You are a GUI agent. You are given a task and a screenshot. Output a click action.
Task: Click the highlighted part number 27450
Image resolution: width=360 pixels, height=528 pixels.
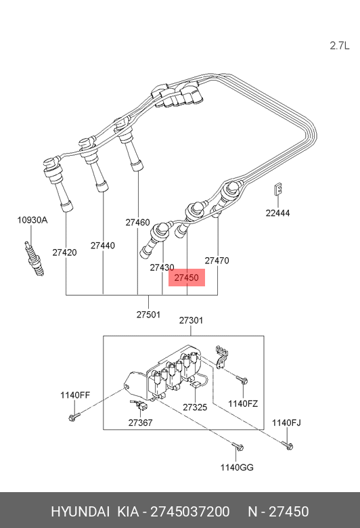click(x=186, y=278)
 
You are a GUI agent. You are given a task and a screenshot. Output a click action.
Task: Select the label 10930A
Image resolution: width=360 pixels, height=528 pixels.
click(x=32, y=220)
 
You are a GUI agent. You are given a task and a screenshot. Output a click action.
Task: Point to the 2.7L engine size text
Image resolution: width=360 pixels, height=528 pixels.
click(x=339, y=45)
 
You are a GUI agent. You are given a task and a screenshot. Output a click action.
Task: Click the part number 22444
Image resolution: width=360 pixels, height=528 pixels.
click(x=277, y=213)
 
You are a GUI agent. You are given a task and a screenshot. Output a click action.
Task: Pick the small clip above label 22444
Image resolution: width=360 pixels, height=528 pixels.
click(x=277, y=192)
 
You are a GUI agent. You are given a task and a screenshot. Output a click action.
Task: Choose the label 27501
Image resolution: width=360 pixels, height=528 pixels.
click(x=148, y=314)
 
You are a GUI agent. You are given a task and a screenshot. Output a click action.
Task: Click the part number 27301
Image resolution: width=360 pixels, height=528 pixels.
click(x=191, y=320)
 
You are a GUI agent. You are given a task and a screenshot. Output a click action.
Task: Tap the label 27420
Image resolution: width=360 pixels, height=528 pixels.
click(x=65, y=252)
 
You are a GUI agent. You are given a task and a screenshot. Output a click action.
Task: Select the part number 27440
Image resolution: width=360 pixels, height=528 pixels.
click(x=103, y=246)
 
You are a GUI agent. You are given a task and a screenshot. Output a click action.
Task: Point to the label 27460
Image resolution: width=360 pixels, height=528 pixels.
click(x=137, y=222)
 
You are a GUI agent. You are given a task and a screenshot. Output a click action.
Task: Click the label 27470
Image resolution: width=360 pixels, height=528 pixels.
click(x=217, y=260)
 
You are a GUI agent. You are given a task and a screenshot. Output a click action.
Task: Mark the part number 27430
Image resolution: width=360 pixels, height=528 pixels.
click(x=162, y=267)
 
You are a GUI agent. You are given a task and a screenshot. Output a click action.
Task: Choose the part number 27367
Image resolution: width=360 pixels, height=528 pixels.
click(x=141, y=422)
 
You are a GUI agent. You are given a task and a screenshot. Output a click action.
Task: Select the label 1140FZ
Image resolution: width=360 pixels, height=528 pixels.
click(x=243, y=403)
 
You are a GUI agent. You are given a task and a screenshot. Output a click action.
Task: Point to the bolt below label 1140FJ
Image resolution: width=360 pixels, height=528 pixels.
click(x=288, y=445)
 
